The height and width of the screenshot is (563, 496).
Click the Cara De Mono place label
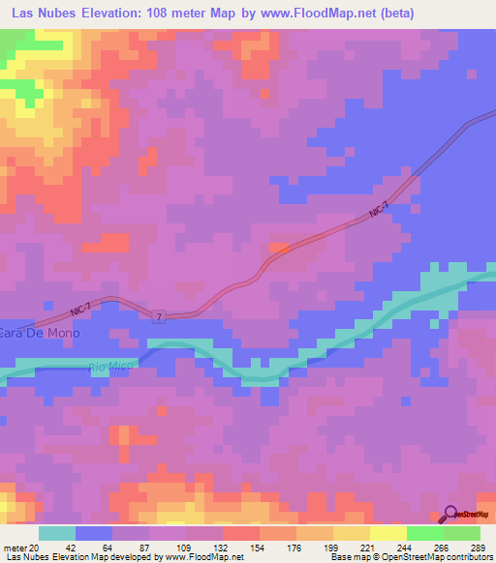(x=41, y=333)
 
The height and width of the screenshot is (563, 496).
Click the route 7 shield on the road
(x=157, y=316)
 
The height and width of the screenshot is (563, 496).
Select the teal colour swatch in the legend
(x=57, y=533)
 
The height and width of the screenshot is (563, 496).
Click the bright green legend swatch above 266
(x=424, y=533)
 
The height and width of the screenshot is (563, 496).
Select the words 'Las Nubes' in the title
(x=46, y=14)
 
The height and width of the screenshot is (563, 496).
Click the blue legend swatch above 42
(x=94, y=533)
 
